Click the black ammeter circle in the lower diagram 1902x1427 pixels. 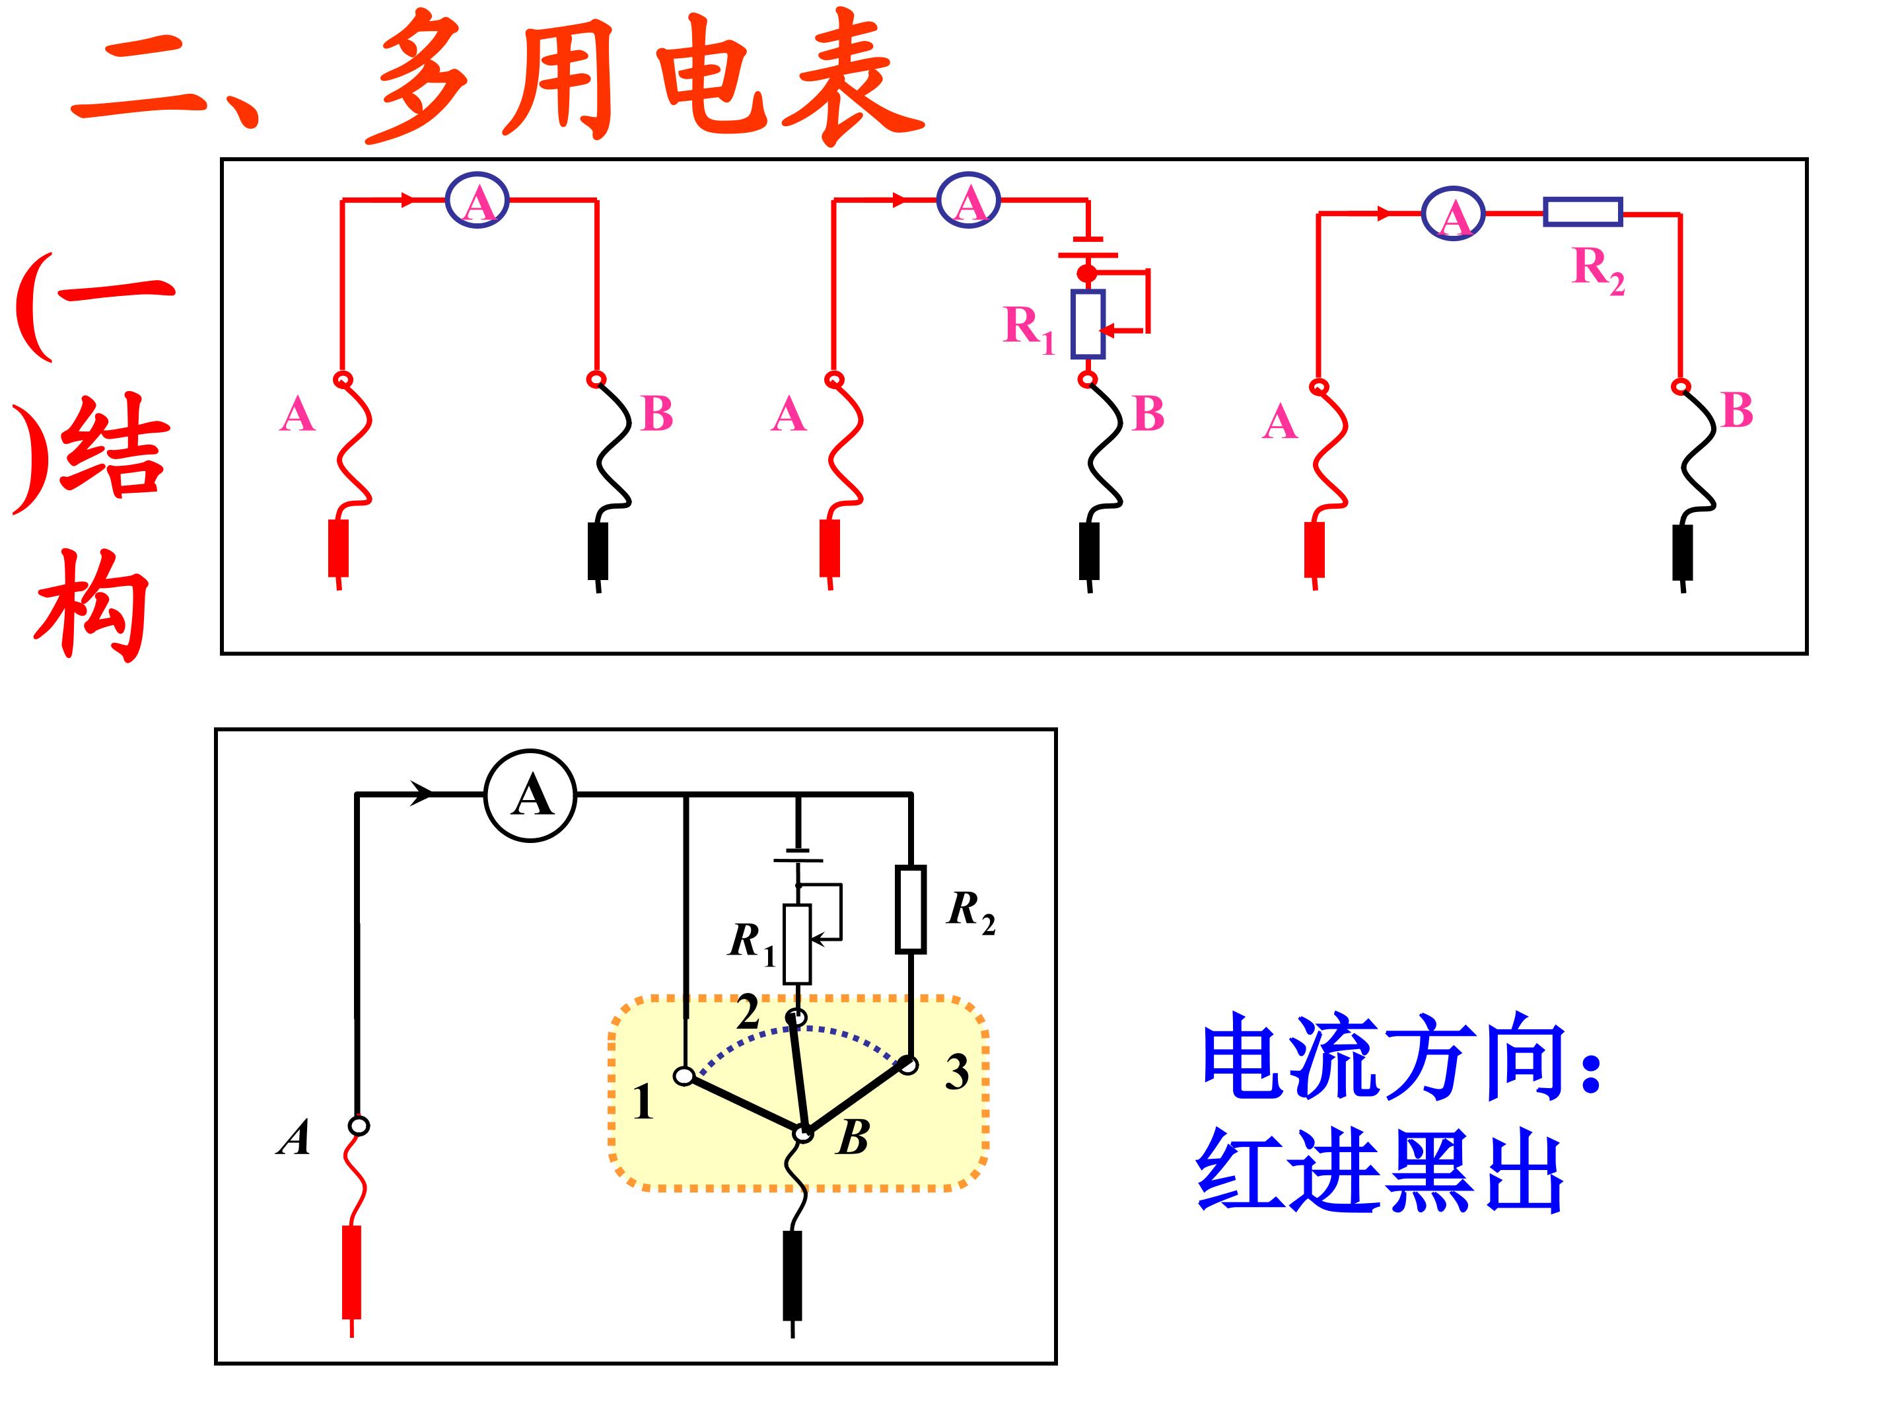point(530,795)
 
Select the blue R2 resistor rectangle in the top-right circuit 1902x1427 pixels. point(1582,211)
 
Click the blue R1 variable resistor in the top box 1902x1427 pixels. point(1088,324)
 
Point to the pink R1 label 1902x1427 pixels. point(1028,328)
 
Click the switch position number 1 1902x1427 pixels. point(643,1103)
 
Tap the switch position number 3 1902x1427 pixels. point(957,1072)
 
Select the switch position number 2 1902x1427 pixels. point(747,1012)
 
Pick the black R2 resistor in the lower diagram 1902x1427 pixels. point(911,909)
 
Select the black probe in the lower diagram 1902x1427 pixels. point(792,1275)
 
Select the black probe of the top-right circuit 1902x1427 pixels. point(1683,552)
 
